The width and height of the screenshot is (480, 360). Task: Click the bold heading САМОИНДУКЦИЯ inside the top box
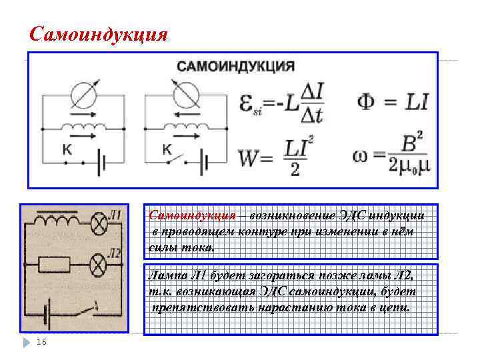pos(235,67)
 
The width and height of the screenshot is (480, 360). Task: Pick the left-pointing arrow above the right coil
pos(176,114)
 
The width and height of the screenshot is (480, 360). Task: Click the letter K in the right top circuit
pos(166,149)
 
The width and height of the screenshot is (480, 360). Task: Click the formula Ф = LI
pos(392,103)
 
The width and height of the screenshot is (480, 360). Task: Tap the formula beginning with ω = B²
pos(392,156)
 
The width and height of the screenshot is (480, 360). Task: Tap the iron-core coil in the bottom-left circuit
pos(56,221)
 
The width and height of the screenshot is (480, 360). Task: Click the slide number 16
pos(40,341)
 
